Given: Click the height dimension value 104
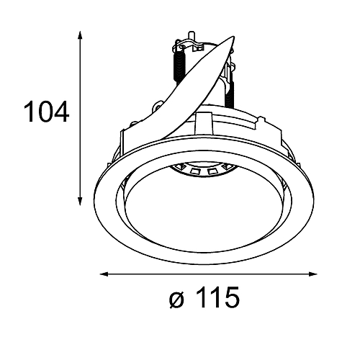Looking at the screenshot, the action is pos(46,112).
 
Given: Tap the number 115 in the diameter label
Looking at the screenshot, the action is pos(218,297).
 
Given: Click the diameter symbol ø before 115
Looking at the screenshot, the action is pos(177,300).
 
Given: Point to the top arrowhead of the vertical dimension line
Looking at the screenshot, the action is pos(80,35).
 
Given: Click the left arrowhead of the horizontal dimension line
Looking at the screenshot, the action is pos(104,274).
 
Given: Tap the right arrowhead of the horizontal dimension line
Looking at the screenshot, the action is pos(312,274).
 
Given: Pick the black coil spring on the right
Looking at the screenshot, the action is pos(230,91).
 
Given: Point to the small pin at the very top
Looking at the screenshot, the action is pos(192,36).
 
